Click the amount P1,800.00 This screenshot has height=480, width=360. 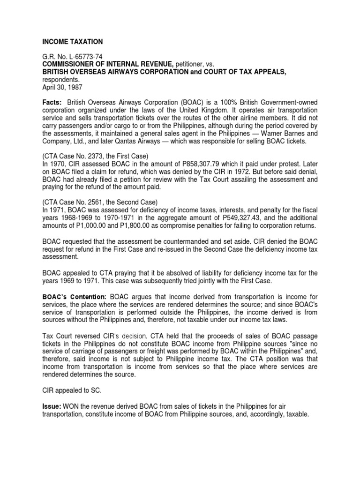click(x=132, y=225)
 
